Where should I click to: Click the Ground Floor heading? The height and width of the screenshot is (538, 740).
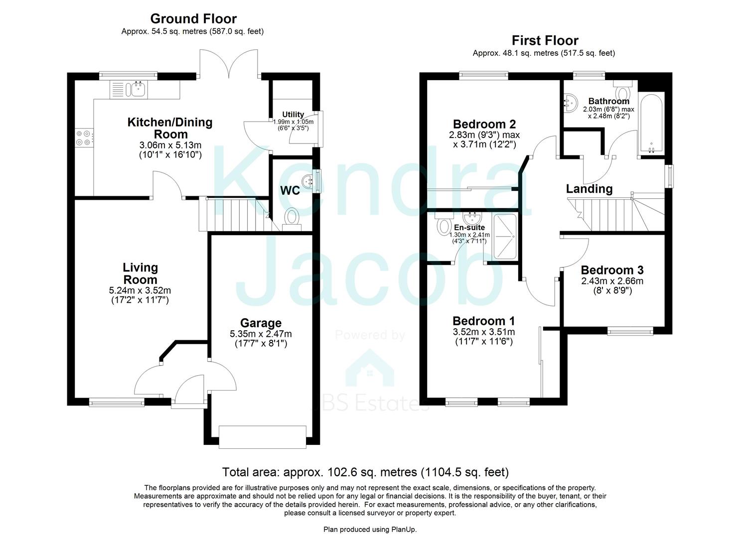(x=193, y=19)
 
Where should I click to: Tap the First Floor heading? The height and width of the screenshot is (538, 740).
(x=545, y=41)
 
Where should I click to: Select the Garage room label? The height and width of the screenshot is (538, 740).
(x=260, y=323)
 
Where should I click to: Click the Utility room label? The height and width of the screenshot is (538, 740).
(x=293, y=115)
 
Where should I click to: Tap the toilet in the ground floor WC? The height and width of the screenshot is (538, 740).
(x=292, y=218)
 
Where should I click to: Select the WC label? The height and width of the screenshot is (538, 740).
(x=290, y=191)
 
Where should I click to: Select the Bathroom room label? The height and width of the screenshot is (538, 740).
(x=608, y=101)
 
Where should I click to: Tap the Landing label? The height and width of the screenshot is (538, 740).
(x=589, y=189)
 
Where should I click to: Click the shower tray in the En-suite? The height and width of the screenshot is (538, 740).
(x=504, y=236)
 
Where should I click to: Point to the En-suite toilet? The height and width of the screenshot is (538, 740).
(x=443, y=225)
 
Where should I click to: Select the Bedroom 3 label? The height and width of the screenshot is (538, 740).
(x=612, y=270)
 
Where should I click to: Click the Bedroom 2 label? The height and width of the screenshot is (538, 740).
(x=484, y=124)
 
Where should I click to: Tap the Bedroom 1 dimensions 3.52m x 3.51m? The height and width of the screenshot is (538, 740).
(x=483, y=332)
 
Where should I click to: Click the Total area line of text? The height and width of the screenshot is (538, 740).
(x=365, y=472)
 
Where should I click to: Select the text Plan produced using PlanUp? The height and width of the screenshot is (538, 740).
(x=370, y=530)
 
